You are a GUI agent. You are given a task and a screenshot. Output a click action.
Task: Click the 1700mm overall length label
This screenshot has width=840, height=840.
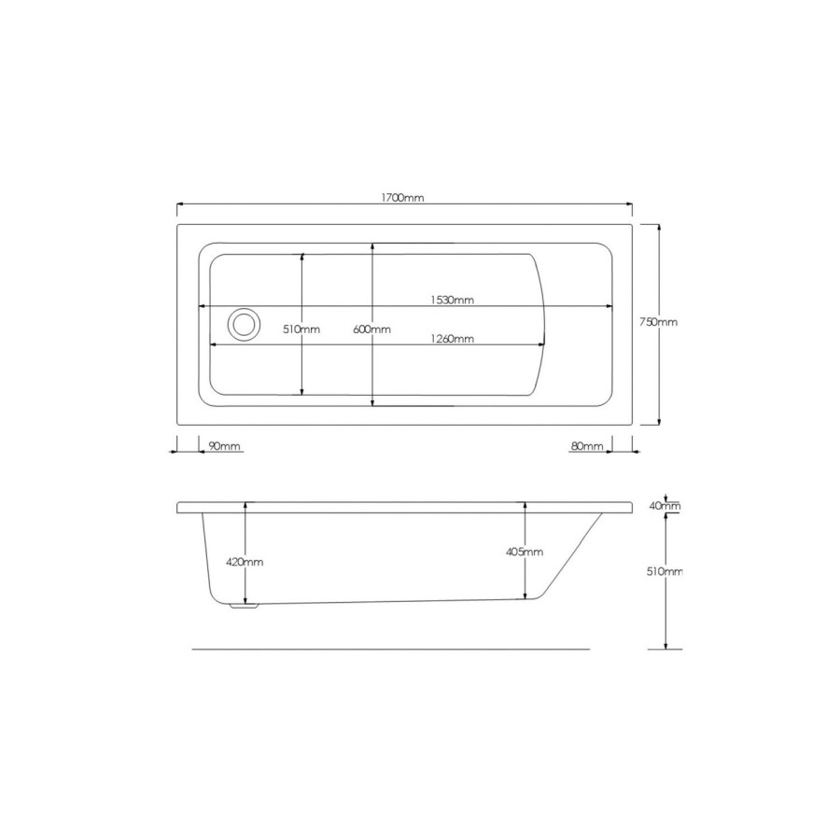(403, 199)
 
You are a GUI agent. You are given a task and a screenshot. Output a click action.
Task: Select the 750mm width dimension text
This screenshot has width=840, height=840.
(658, 322)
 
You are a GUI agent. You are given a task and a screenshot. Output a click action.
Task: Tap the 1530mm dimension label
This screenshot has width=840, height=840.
(453, 300)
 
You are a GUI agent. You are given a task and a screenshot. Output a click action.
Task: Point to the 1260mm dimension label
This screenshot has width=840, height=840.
(452, 339)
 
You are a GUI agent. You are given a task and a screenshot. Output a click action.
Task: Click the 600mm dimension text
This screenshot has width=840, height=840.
(372, 329)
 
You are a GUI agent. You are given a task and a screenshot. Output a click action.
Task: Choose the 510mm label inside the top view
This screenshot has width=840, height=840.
(301, 329)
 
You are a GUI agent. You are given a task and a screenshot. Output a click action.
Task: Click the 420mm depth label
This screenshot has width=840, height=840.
(245, 562)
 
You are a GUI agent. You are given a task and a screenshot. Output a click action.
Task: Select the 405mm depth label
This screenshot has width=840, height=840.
(525, 552)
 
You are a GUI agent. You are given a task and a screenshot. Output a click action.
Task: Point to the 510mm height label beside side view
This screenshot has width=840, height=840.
(666, 571)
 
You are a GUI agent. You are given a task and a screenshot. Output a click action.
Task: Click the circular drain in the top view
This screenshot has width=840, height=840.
(244, 324)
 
